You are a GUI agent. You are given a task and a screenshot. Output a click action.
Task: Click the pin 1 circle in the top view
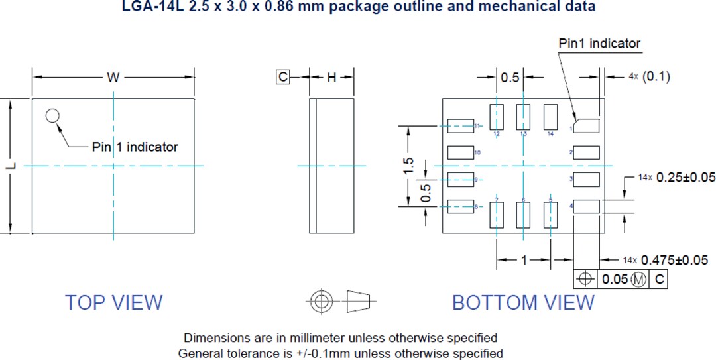point(52,116)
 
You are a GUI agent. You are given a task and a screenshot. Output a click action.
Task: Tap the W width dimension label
point(113,78)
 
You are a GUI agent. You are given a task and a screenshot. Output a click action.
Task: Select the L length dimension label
point(12,166)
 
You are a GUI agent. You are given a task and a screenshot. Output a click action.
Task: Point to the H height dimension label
point(331,78)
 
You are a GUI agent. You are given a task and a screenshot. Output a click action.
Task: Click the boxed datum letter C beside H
point(283,78)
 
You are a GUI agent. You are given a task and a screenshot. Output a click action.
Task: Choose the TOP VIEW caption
point(113,302)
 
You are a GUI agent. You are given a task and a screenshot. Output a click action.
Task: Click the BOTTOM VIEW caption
point(523,302)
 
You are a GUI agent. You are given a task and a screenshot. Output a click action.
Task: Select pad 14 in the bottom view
point(550,117)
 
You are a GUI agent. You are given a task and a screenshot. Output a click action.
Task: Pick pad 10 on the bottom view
point(460,152)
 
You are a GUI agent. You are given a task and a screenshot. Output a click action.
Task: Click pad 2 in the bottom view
point(587,152)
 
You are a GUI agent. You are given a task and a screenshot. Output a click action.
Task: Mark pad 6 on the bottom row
point(524,215)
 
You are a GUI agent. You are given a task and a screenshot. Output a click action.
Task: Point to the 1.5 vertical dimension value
point(408,166)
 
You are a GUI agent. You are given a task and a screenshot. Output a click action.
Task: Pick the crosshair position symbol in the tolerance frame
point(585,280)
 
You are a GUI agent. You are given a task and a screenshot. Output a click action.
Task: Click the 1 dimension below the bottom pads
point(524,260)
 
